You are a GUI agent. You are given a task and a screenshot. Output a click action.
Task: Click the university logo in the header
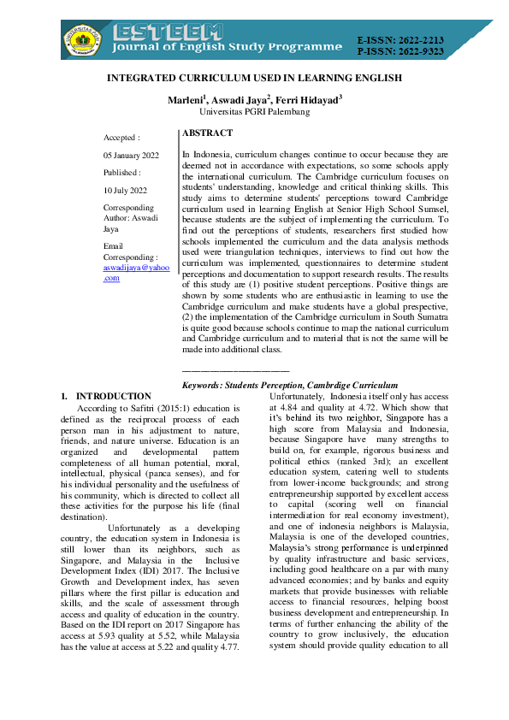pyautogui.click(x=82, y=38)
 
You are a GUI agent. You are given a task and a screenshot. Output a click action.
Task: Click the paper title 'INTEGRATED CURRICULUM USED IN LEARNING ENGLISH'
pyautogui.click(x=254, y=78)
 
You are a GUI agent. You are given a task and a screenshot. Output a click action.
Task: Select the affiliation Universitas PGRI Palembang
pyautogui.click(x=254, y=112)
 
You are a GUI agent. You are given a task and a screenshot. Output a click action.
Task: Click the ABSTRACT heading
pyautogui.click(x=207, y=133)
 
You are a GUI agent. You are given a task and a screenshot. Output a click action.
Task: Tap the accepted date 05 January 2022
pyautogui.click(x=131, y=155)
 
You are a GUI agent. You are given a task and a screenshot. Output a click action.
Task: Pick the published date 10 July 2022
pyautogui.click(x=125, y=190)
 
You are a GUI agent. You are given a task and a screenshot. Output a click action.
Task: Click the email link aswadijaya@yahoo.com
pyautogui.click(x=136, y=272)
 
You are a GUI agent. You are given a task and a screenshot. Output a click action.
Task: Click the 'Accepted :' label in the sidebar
pyautogui.click(x=121, y=137)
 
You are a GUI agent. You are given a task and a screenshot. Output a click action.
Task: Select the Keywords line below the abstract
pyautogui.click(x=290, y=386)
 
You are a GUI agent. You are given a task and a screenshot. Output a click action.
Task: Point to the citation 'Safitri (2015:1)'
pyautogui.click(x=145, y=409)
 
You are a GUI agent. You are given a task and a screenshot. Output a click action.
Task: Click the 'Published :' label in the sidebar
pyautogui.click(x=122, y=172)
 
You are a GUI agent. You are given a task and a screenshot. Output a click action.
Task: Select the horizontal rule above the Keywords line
pyautogui.click(x=236, y=372)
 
